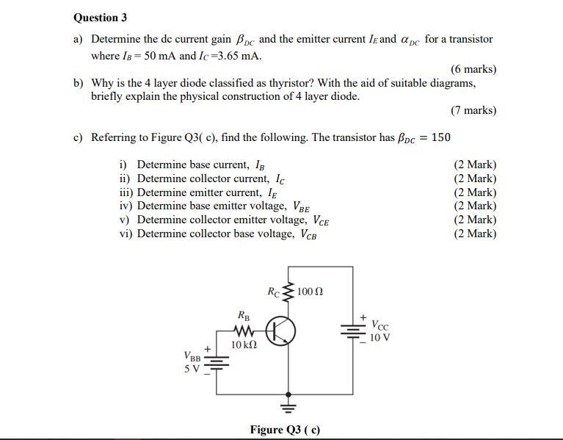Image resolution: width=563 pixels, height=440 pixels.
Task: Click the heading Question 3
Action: pyautogui.click(x=100, y=18)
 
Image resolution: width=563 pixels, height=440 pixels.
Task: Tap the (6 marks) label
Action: pyautogui.click(x=473, y=69)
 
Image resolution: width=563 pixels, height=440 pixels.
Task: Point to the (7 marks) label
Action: pyautogui.click(x=473, y=110)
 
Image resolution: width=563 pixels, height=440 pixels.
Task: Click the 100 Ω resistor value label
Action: pyautogui.click(x=310, y=292)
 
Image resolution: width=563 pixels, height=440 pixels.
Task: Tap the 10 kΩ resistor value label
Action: pyautogui.click(x=243, y=345)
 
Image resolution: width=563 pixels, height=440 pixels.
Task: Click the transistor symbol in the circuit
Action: pyautogui.click(x=280, y=332)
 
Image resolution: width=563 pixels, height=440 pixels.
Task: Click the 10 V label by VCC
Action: pyautogui.click(x=379, y=338)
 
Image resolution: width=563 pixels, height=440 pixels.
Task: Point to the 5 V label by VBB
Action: pyautogui.click(x=192, y=368)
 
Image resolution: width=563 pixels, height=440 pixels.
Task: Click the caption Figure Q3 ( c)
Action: pyautogui.click(x=285, y=430)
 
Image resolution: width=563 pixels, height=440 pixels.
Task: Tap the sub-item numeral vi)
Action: pyautogui.click(x=126, y=234)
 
